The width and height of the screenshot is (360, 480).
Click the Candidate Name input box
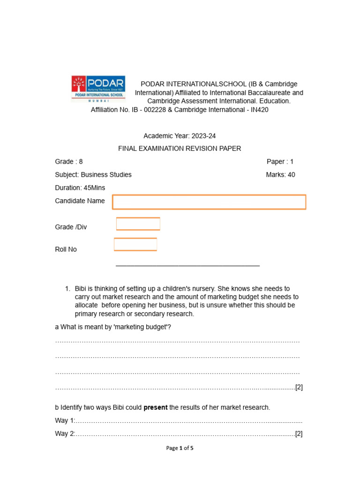click(209, 202)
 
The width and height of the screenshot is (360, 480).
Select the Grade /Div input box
click(138, 224)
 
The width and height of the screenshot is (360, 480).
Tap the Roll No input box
click(135, 245)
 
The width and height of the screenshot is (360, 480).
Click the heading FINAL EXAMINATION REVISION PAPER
click(180, 149)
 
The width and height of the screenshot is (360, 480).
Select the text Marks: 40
click(280, 175)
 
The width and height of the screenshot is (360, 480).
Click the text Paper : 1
click(280, 162)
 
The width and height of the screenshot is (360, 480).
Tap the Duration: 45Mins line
click(80, 188)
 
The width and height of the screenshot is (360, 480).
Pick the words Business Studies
click(106, 175)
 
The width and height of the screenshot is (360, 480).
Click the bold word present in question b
click(156, 407)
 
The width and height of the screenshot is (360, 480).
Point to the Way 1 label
click(65, 420)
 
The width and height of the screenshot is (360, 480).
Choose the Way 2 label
click(65, 434)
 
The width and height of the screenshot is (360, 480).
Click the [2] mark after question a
click(299, 387)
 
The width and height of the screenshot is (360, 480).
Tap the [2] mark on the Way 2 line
click(299, 434)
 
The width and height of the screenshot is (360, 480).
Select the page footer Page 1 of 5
click(180, 448)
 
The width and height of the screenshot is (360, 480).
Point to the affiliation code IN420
click(259, 110)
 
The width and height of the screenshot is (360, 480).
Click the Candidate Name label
click(80, 201)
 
